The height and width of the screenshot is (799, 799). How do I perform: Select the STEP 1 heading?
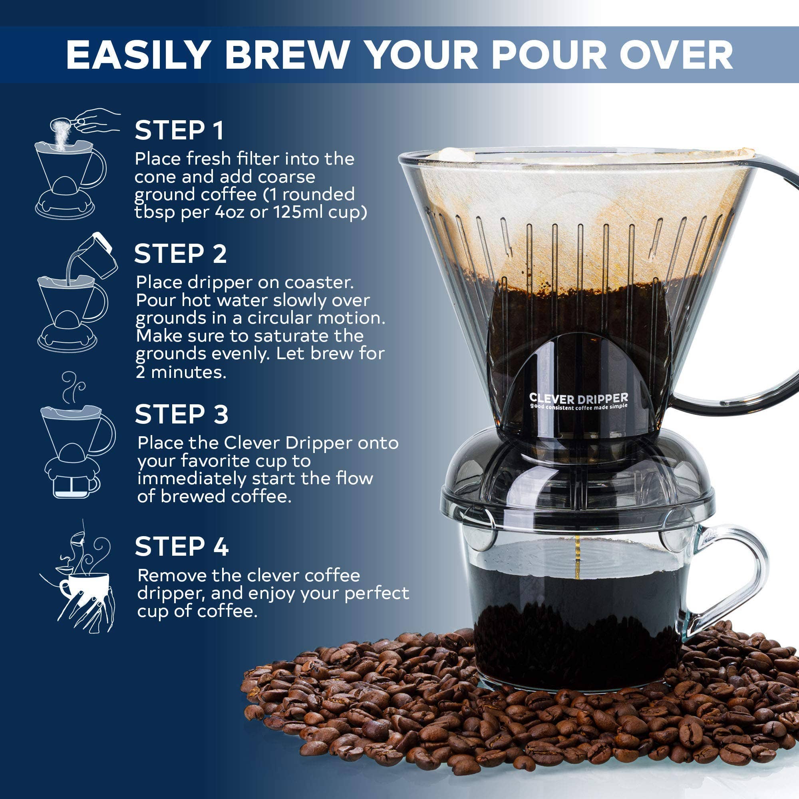pyautogui.click(x=179, y=130)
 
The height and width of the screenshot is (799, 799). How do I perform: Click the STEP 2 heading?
pyautogui.click(x=180, y=254)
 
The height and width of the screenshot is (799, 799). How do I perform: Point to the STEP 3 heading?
pyautogui.click(x=181, y=414)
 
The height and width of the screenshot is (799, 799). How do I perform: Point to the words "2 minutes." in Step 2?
pyautogui.click(x=181, y=372)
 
